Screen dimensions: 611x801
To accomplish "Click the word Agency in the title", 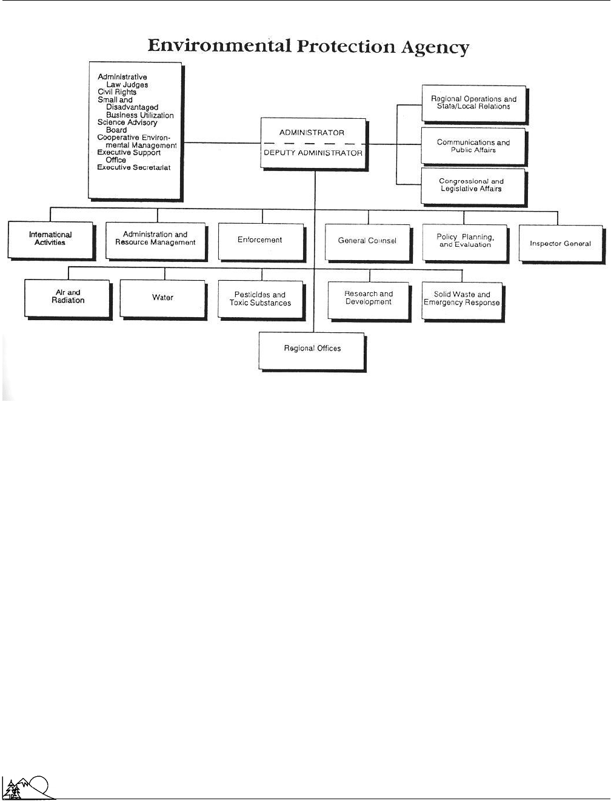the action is click(435, 47).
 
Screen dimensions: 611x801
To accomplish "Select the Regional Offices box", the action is click(313, 352).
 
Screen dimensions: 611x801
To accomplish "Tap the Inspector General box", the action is click(562, 244).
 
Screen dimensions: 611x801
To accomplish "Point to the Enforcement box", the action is click(262, 243).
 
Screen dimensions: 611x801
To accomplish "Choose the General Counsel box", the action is click(369, 243).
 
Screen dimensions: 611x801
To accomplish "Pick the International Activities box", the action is click(52, 241).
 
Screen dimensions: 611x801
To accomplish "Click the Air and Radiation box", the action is click(68, 300).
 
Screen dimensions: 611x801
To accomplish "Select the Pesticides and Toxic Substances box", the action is click(261, 301).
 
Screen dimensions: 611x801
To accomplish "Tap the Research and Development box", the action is click(370, 302).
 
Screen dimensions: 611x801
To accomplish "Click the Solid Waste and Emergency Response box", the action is click(463, 302).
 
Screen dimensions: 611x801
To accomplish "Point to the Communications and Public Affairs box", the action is click(474, 146).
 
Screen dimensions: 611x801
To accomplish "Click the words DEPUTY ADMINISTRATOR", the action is click(313, 153).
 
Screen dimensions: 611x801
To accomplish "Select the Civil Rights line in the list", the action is click(117, 92).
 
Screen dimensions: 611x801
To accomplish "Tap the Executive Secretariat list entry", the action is click(133, 167).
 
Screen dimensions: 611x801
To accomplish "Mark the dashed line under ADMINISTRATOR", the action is click(313, 144).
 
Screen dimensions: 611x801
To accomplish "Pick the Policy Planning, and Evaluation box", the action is click(465, 243).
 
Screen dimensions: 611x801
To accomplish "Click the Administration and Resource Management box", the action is click(156, 242).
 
